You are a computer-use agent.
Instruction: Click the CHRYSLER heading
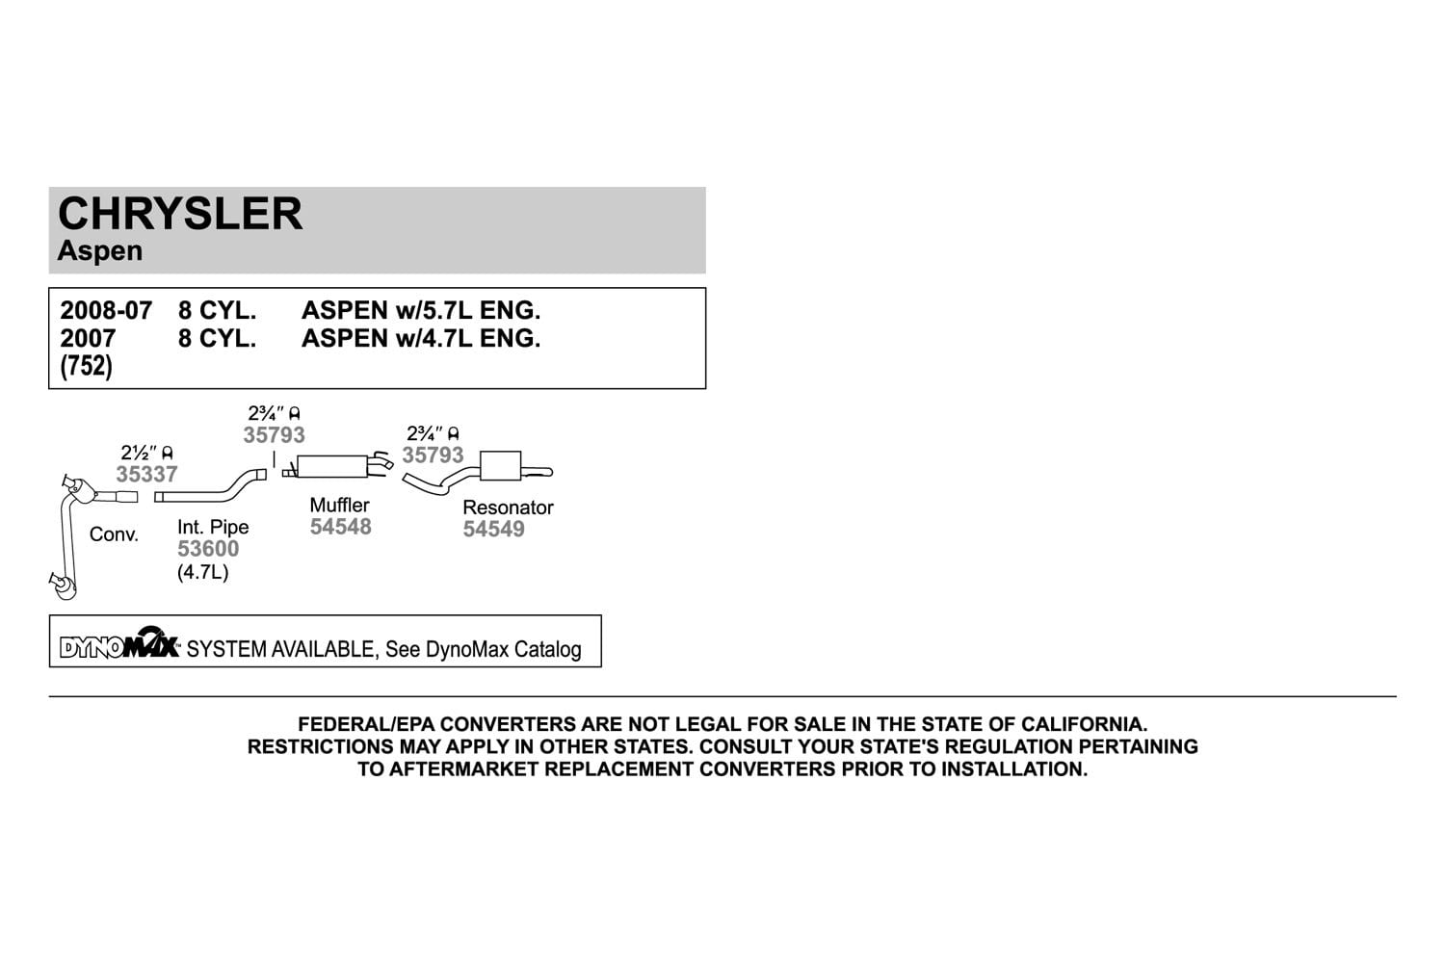pos(180,214)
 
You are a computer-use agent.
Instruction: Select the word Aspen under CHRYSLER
pos(100,251)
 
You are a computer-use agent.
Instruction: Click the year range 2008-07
pos(106,310)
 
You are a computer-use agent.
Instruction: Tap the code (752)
pos(86,366)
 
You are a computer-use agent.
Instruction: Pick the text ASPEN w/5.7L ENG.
pos(421,310)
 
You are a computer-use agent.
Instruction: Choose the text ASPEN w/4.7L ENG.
pos(421,338)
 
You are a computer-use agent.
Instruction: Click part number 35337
pos(146,474)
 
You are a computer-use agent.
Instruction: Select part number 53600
pos(208,548)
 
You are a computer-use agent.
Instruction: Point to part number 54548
pos(341,527)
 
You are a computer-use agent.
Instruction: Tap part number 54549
pos(493,529)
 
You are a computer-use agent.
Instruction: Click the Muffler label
pos(339,505)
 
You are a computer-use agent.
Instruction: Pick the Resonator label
pos(508,507)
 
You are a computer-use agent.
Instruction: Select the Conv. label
pos(114,534)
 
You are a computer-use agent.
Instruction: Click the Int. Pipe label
pos(213,527)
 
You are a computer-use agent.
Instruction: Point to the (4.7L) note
pos(202,572)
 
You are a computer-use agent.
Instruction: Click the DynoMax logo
pos(120,643)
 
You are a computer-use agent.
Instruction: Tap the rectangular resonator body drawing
pos(501,466)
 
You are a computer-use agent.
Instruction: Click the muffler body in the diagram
pos(331,466)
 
